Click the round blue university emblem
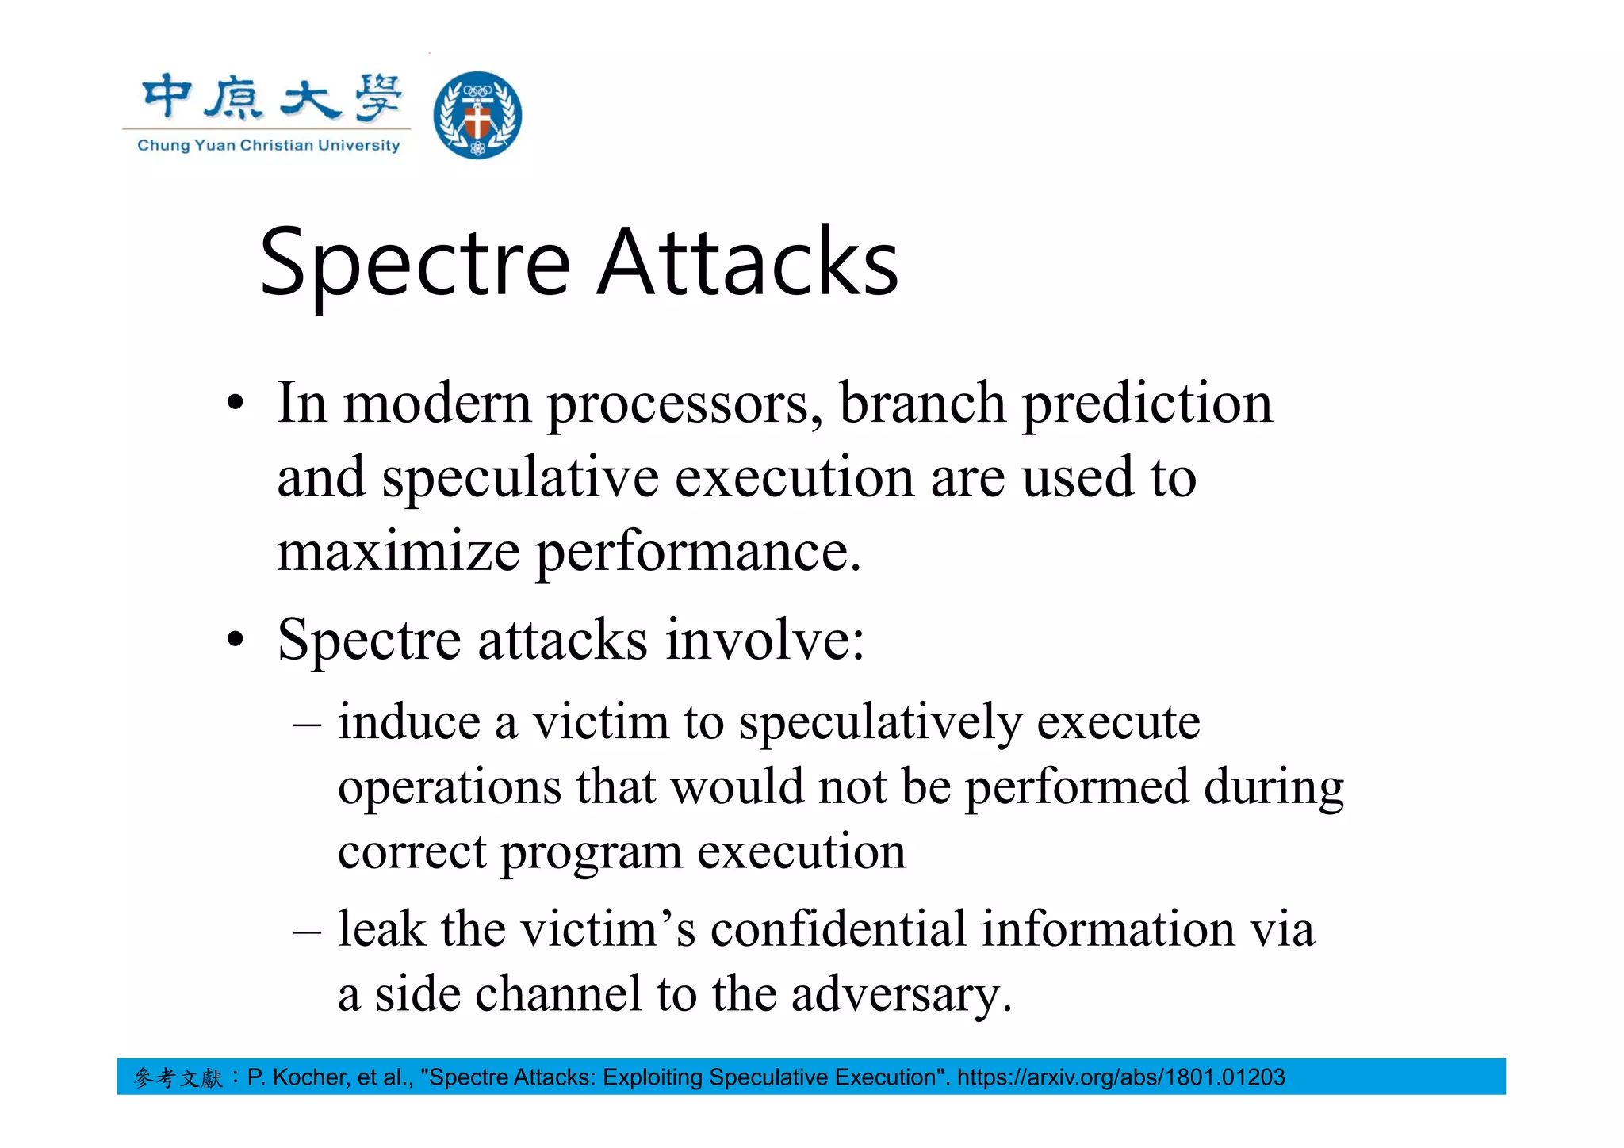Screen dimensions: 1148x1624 pos(477,115)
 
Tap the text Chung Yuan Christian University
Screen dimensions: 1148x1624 pos(269,145)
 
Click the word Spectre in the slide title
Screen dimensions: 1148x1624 pos(415,263)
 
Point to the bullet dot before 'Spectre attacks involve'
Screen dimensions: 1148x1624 pos(235,639)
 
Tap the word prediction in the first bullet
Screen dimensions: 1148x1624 pos(1147,404)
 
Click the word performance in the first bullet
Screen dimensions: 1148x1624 pos(698,553)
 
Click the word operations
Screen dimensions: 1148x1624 pos(450,788)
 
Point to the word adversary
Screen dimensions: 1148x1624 pos(901,994)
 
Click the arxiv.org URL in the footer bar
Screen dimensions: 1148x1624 pos(1120,1077)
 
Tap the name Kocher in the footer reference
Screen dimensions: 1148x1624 pos(310,1077)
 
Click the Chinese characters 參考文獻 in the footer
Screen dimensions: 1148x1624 pos(178,1077)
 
